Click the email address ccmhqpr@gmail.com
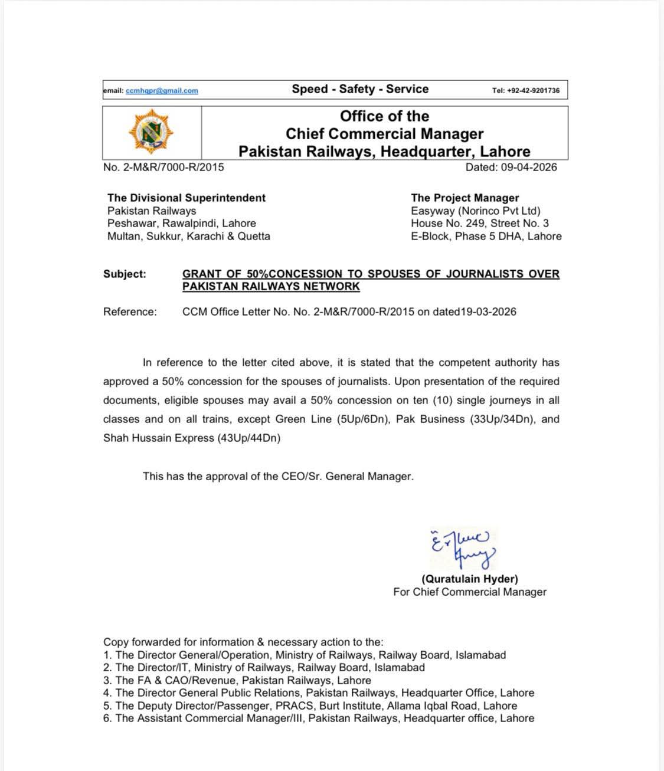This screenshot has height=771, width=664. click(x=162, y=90)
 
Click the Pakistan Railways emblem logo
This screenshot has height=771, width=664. click(x=151, y=132)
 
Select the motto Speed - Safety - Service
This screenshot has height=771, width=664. click(x=360, y=89)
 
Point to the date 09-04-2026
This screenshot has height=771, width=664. click(x=529, y=167)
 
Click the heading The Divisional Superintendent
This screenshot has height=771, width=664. click(x=187, y=198)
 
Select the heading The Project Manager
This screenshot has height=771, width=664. click(x=465, y=198)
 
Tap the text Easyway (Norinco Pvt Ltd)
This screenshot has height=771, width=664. click(x=476, y=211)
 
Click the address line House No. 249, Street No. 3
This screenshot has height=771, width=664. click(x=480, y=223)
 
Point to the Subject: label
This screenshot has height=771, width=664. click(x=125, y=274)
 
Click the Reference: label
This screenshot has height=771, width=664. click(x=130, y=311)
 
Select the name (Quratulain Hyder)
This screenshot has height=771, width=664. click(x=470, y=579)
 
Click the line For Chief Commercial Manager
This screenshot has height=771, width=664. click(x=470, y=592)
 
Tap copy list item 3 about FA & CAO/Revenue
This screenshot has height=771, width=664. click(x=237, y=680)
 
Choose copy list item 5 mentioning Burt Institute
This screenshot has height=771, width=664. click(x=310, y=706)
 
